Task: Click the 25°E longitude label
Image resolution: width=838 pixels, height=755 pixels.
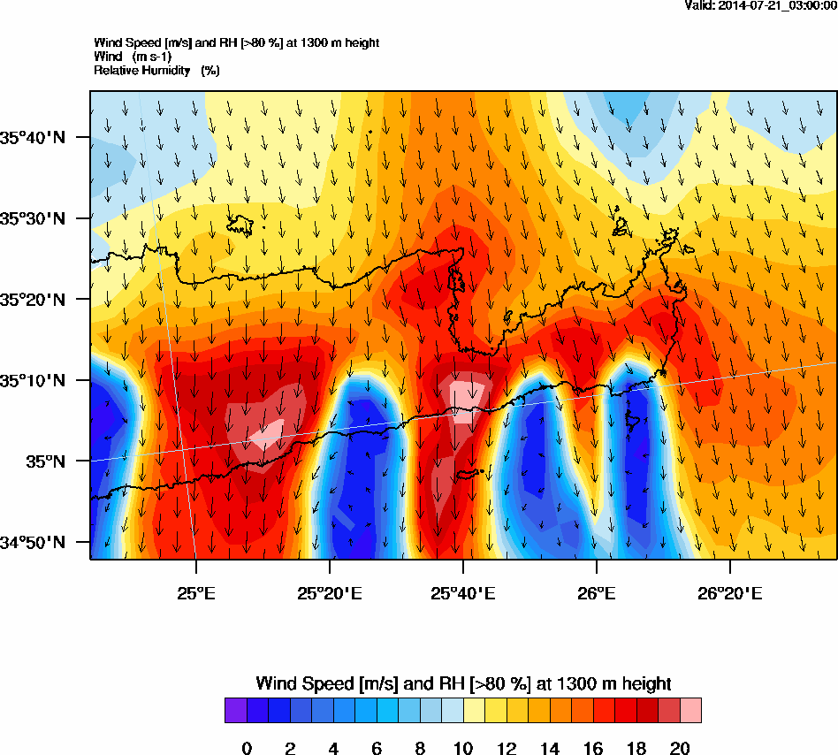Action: click(x=195, y=591)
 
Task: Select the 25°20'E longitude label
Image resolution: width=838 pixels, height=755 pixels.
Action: click(x=330, y=591)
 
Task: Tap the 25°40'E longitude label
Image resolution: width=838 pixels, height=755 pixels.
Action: click(x=463, y=591)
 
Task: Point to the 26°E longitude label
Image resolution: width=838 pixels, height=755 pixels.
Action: click(x=597, y=591)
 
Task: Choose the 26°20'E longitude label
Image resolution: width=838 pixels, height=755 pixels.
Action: click(x=730, y=591)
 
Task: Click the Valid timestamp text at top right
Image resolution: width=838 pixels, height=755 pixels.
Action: click(x=760, y=5)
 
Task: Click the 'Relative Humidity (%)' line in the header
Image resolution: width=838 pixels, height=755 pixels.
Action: click(x=156, y=70)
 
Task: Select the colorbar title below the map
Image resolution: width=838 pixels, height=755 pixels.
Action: click(x=463, y=683)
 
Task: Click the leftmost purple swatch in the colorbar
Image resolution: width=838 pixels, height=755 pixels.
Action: click(x=236, y=711)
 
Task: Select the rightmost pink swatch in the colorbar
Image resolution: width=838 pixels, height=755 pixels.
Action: click(x=690, y=711)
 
